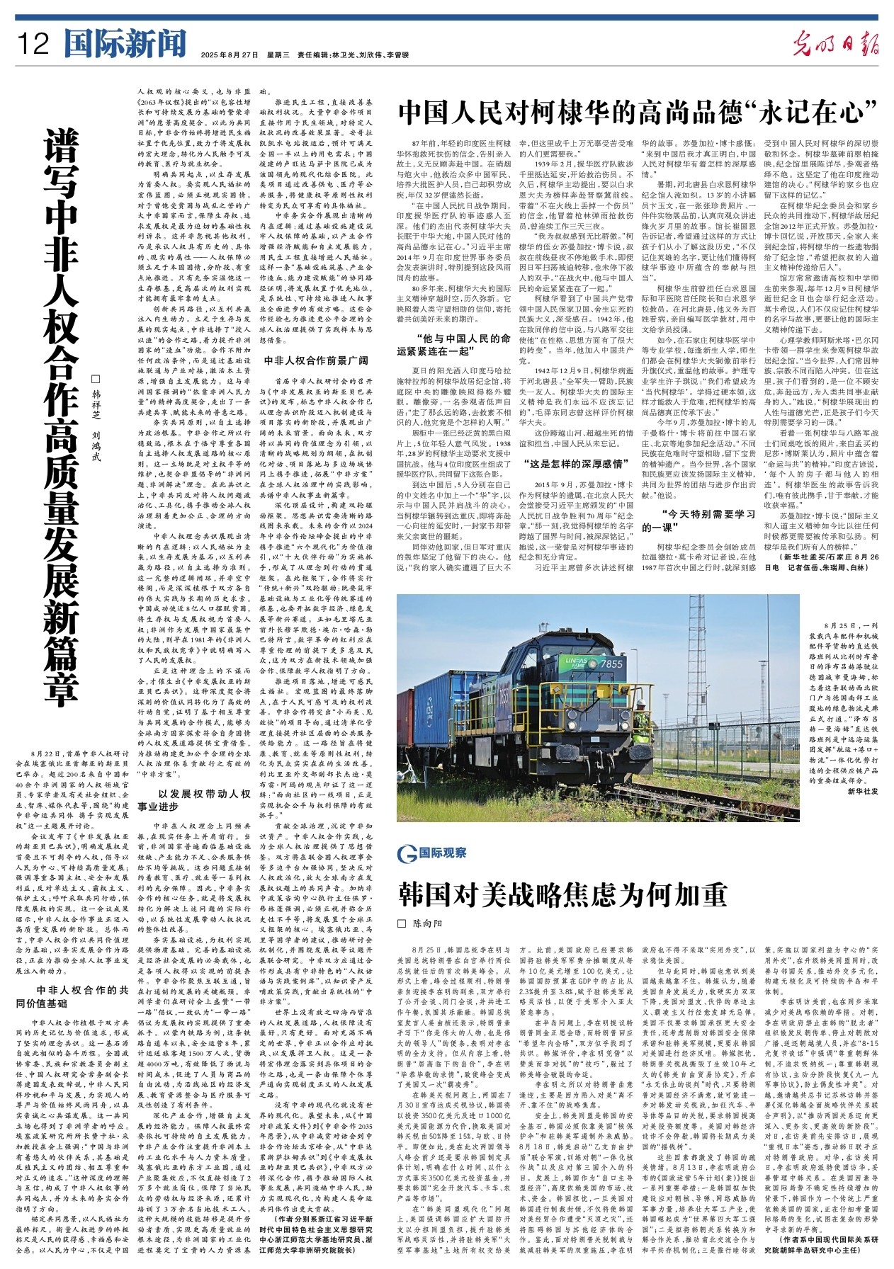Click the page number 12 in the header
click(33, 44)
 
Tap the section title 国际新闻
click(124, 44)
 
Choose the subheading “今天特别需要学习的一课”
click(699, 520)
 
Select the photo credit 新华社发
click(862, 791)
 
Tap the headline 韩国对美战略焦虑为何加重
click(562, 895)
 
